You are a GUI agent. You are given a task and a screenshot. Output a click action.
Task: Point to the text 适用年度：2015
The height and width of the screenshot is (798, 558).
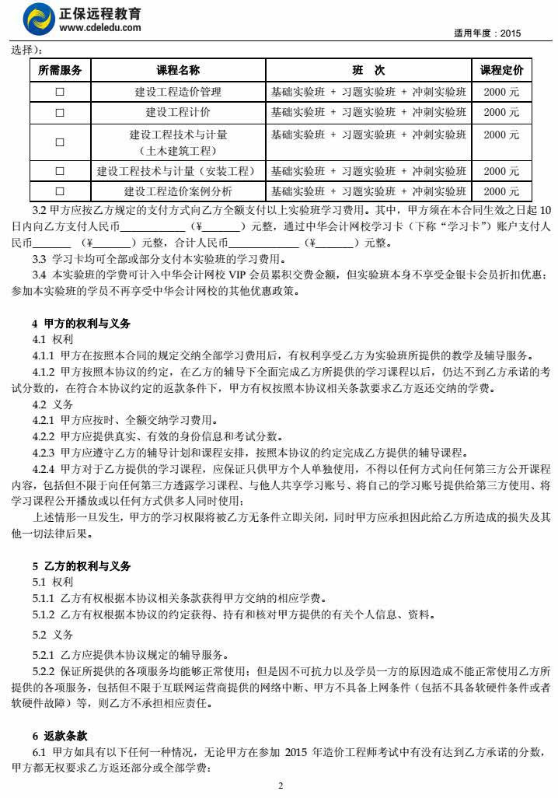(487, 33)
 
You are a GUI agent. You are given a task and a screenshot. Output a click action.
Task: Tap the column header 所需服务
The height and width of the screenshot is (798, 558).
(60, 71)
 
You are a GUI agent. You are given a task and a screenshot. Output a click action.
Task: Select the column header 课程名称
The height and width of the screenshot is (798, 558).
(178, 71)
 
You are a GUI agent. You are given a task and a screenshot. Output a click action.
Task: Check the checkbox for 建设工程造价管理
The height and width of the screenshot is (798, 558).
(60, 92)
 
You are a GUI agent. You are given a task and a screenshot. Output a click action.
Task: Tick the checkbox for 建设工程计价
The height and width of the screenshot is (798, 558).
(60, 112)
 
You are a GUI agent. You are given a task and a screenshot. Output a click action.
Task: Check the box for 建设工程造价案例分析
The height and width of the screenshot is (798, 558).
(60, 191)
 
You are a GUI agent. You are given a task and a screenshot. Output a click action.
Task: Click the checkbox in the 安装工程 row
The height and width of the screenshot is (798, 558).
(60, 171)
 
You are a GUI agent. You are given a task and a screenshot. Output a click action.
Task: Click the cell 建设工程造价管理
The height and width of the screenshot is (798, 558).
(178, 92)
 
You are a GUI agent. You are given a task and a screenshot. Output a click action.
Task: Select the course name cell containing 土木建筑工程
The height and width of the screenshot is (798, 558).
(178, 142)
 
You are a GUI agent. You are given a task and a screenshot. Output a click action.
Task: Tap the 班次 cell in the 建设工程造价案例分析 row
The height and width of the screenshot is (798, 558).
(368, 191)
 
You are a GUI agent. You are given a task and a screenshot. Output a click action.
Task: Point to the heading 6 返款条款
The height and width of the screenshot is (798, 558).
(59, 735)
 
